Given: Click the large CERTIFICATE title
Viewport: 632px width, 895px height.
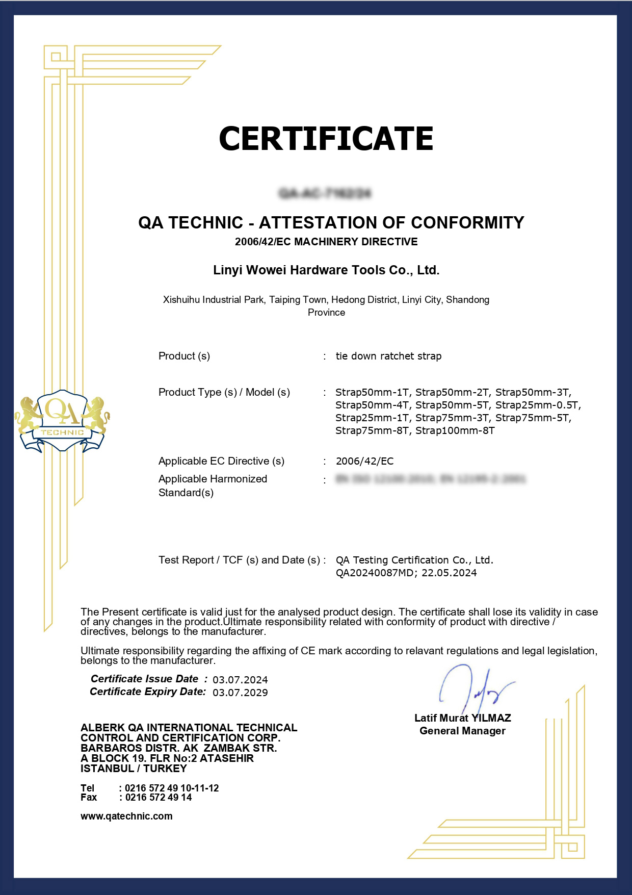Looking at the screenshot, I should click(326, 139).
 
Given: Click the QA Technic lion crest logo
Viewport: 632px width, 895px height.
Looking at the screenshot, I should click(63, 421).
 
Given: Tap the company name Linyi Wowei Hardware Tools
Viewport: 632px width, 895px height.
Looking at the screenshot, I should click(326, 270).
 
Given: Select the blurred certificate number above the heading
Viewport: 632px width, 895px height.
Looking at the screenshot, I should click(325, 193).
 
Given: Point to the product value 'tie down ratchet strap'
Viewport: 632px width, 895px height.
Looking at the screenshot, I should click(388, 356).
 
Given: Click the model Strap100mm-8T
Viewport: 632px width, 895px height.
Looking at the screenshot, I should click(455, 431).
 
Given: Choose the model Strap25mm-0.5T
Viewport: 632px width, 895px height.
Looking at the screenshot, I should click(538, 405).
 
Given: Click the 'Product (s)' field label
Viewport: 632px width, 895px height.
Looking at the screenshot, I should click(184, 356).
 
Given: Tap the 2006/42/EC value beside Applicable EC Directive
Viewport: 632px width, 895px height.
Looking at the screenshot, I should click(364, 461).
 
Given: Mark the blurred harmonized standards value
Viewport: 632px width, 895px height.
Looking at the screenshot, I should click(431, 479).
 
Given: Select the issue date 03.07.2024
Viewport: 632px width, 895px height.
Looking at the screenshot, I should click(240, 680).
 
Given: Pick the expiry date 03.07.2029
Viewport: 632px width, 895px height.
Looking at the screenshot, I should click(240, 693).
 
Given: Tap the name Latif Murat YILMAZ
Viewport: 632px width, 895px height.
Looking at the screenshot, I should click(462, 718).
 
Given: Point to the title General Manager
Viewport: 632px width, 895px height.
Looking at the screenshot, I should click(462, 731).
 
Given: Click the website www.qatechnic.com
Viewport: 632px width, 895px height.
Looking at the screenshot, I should click(126, 816).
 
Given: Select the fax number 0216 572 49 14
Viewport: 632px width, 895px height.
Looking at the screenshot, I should click(158, 797).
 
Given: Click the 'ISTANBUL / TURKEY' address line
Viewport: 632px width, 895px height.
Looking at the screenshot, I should click(134, 769).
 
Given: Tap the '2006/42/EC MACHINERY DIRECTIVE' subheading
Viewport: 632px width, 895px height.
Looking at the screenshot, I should click(326, 242).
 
